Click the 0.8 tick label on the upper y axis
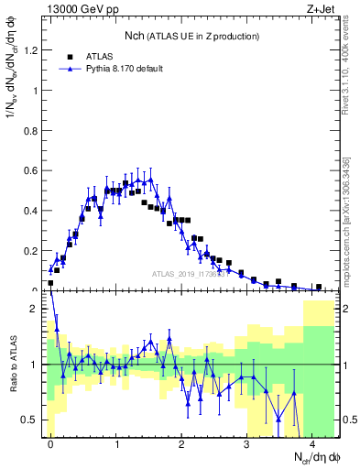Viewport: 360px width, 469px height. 30,130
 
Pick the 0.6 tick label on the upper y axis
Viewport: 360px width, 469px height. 30,170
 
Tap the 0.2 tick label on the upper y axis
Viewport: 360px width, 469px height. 30,250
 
